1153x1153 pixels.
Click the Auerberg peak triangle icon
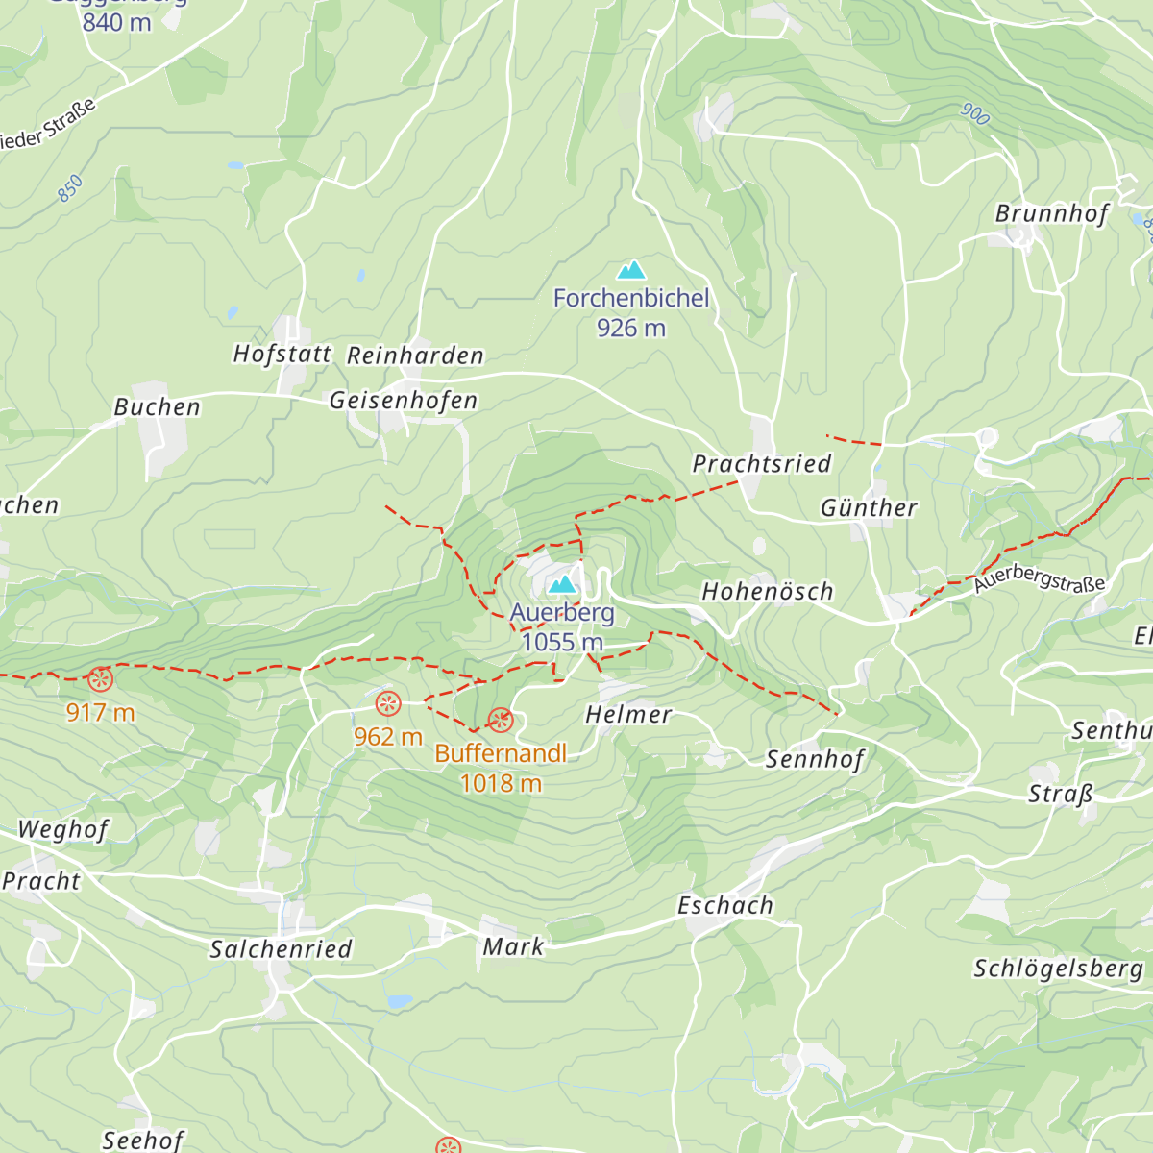(562, 583)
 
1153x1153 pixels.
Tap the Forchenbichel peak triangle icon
(631, 270)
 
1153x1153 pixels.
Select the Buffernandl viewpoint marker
(500, 720)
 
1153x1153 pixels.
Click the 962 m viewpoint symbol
(387, 704)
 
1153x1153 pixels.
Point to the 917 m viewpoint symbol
(100, 680)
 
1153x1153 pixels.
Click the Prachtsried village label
(762, 464)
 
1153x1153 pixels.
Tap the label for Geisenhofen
(404, 401)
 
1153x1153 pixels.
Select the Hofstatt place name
(282, 355)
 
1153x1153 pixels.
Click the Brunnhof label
(1052, 213)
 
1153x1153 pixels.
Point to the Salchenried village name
(282, 949)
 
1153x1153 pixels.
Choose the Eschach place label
(725, 905)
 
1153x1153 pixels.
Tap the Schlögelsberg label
(1059, 969)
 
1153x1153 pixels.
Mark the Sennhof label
(815, 759)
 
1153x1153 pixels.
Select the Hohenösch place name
(768, 592)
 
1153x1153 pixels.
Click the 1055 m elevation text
(562, 642)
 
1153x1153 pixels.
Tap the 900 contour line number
(974, 114)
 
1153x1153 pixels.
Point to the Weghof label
(63, 829)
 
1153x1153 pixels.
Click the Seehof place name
(142, 1140)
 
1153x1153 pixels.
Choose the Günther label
(869, 507)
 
